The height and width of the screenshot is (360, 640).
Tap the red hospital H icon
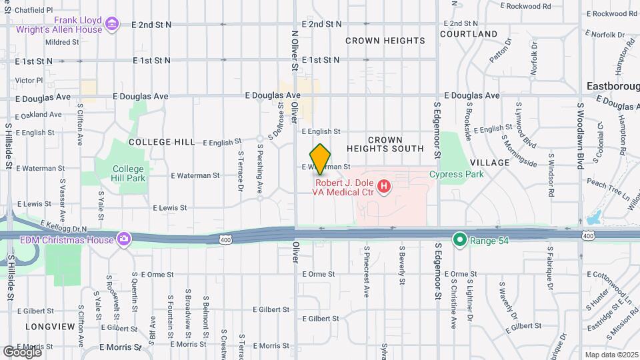(x=384, y=187)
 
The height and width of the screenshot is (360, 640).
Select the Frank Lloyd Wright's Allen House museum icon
(x=112, y=25)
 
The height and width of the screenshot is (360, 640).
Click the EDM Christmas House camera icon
(x=124, y=239)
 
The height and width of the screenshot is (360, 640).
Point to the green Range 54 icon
(x=459, y=239)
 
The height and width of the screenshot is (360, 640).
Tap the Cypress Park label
(x=456, y=175)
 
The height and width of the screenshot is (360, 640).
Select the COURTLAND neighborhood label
(x=468, y=34)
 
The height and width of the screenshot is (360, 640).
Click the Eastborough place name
(x=613, y=86)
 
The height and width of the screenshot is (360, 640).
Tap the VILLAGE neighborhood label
(x=489, y=163)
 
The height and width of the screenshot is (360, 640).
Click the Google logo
(x=21, y=351)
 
